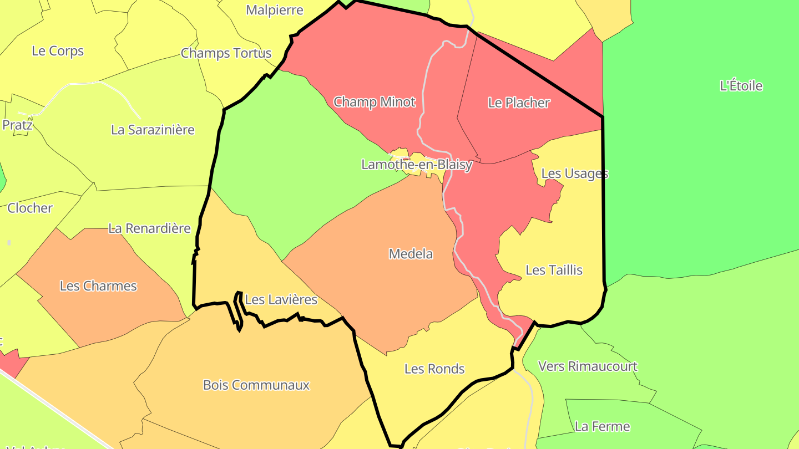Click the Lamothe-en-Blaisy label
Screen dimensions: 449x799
(417, 165)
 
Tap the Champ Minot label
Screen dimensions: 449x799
(374, 102)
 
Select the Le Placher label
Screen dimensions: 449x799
(519, 103)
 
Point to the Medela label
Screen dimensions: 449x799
(411, 254)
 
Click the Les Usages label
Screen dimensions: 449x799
(574, 174)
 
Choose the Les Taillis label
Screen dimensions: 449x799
(554, 270)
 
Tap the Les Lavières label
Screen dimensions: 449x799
(281, 300)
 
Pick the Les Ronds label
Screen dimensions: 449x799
(434, 369)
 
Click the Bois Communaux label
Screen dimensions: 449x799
(256, 385)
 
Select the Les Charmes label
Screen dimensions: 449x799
(98, 286)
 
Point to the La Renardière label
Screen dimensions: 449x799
(149, 228)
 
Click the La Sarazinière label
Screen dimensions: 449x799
(153, 130)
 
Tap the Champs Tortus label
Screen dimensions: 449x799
(226, 53)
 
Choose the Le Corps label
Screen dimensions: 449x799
(58, 51)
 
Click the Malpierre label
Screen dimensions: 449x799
(275, 10)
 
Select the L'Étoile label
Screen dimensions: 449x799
(741, 86)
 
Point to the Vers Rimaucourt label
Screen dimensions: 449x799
(588, 366)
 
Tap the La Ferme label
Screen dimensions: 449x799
(602, 426)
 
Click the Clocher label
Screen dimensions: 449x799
(30, 208)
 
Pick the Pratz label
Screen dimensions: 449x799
(17, 125)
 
